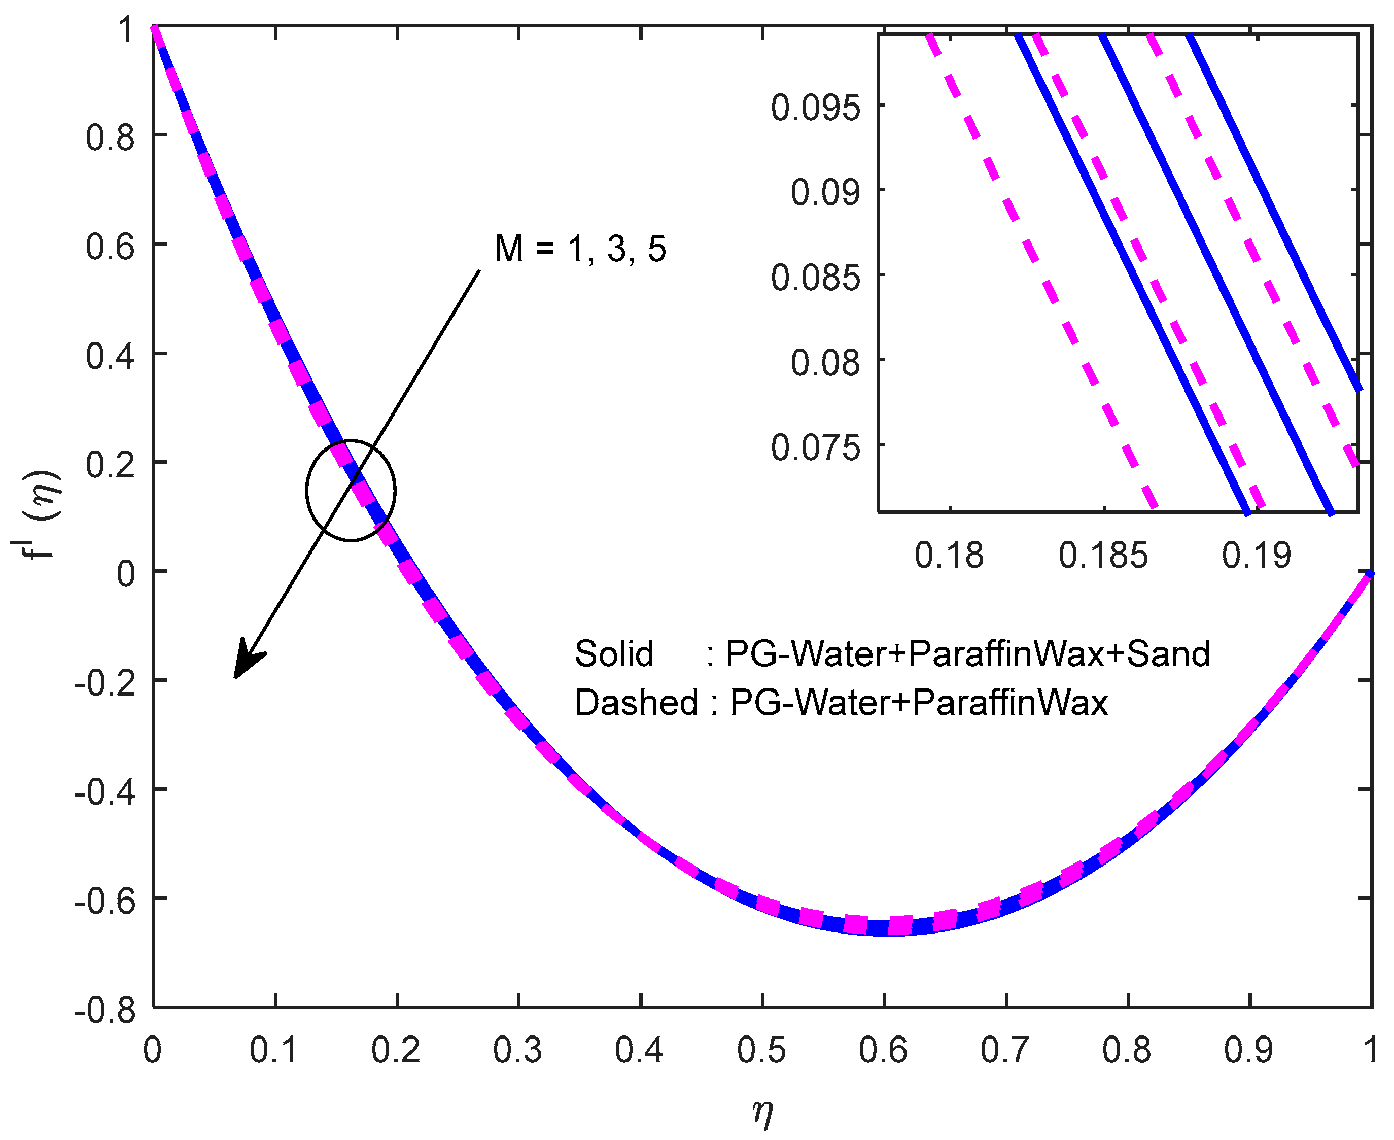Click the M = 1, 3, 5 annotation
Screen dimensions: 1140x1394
click(580, 249)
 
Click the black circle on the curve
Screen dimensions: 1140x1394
click(352, 490)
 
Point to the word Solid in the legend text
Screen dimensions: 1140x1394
click(614, 654)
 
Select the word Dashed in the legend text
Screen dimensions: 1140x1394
click(636, 703)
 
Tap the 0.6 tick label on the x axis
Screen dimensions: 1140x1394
click(883, 1050)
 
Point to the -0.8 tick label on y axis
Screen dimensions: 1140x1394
click(105, 1010)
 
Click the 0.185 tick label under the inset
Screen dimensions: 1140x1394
click(1103, 556)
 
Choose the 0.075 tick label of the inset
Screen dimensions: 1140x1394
click(815, 448)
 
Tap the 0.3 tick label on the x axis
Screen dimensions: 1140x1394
click(517, 1050)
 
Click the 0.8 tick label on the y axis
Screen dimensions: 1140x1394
click(110, 138)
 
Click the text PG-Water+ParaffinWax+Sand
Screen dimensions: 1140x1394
click(968, 654)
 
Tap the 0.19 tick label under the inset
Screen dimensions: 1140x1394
click(1256, 556)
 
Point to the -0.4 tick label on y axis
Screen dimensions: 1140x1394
click(105, 792)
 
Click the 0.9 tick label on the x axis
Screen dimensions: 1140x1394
click(1248, 1050)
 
